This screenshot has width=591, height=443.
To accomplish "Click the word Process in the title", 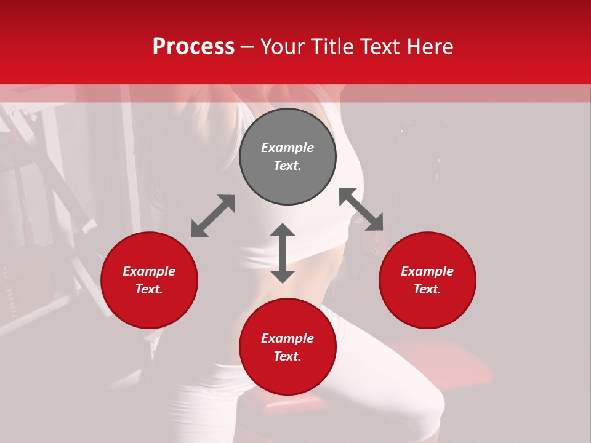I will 193,47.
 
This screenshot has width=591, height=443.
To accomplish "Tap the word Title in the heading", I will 329,47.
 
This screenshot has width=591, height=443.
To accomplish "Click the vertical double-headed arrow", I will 283,253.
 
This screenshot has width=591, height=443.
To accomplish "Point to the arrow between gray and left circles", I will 213,216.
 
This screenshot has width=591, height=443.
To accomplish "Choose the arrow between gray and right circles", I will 361,209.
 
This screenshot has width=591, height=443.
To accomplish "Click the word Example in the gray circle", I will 287,148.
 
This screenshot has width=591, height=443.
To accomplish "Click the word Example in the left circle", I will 149,271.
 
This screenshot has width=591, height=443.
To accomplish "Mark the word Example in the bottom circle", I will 287,338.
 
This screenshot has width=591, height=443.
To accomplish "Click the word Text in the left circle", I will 149,289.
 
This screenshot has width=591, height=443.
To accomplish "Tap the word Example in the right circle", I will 427,271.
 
